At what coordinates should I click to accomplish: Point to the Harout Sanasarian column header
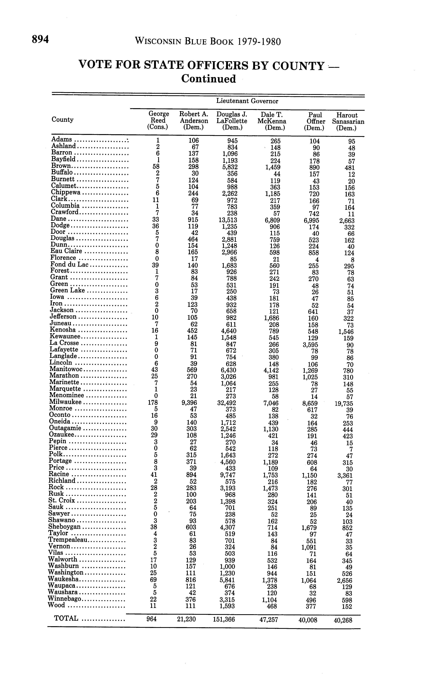click(x=348, y=122)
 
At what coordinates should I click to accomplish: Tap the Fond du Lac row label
click(x=69, y=265)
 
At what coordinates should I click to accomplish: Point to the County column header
click(x=62, y=120)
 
